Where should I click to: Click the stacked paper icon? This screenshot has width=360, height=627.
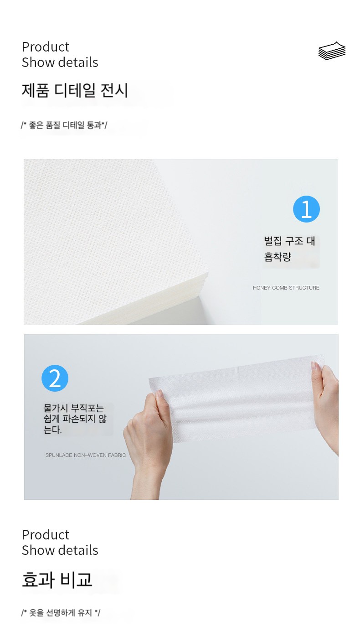click(332, 51)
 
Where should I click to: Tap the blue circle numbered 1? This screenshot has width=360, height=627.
click(306, 209)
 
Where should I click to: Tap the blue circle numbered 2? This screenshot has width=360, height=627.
click(55, 378)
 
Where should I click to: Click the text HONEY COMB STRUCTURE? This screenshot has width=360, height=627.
click(286, 288)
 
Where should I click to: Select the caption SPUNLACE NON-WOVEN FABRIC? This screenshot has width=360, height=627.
click(86, 455)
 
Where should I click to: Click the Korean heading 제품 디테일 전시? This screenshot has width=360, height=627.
click(75, 90)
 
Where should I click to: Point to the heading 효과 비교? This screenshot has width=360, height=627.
click(57, 579)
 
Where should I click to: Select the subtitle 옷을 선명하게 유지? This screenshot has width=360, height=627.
click(61, 612)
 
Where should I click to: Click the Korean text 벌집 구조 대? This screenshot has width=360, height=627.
click(289, 241)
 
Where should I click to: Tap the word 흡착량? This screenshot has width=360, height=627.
click(278, 257)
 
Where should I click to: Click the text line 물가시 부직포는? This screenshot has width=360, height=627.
click(74, 408)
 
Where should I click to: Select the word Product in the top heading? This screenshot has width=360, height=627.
click(46, 47)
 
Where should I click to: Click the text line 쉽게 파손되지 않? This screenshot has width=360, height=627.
click(75, 419)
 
